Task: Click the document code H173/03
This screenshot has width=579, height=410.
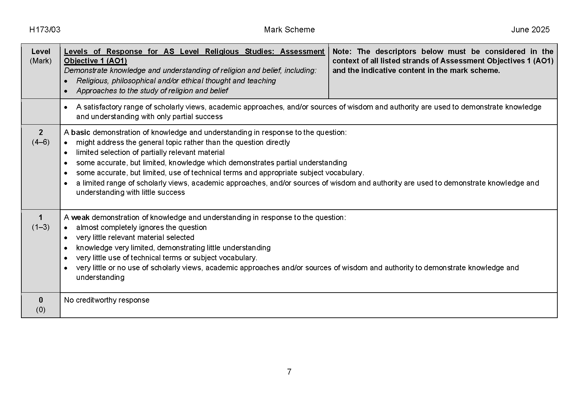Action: point(45,30)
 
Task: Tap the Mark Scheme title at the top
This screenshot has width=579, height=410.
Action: point(289,30)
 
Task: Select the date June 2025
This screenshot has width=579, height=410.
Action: point(530,30)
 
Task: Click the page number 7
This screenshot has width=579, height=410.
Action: point(289,372)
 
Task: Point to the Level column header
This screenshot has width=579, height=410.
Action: point(41,52)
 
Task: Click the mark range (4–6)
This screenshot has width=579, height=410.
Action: point(41,142)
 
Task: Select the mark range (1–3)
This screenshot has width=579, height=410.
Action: point(41,227)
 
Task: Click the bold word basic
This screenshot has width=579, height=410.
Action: point(80,133)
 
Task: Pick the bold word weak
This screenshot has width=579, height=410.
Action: point(80,218)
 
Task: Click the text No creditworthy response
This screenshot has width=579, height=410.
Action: point(107,300)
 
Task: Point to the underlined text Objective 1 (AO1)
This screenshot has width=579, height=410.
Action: point(95,61)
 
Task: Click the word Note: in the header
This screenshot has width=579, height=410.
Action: point(342,52)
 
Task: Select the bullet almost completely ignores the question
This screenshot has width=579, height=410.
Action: point(141,228)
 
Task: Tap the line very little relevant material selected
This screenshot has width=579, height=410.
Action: point(135,238)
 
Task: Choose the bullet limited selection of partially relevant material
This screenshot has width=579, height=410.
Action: point(150,153)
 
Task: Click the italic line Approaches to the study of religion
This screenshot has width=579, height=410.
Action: point(152,91)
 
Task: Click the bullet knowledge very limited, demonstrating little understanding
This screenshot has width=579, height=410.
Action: point(173,248)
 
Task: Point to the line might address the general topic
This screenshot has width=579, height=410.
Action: point(183,143)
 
